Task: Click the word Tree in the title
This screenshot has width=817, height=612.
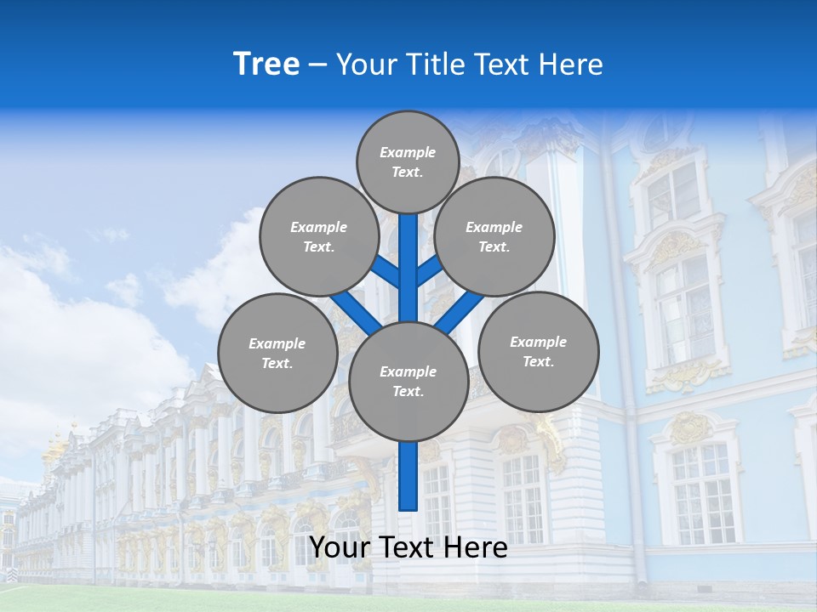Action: click(266, 65)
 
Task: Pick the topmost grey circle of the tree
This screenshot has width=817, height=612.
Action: click(408, 161)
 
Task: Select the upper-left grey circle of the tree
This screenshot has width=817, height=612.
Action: click(319, 236)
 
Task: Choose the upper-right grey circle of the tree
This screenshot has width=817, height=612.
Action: click(494, 236)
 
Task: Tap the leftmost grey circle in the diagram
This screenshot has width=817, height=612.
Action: click(277, 353)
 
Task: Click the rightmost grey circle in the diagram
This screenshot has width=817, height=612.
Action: click(539, 351)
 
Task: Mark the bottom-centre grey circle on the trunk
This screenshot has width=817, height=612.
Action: click(408, 381)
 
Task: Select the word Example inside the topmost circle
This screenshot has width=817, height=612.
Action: click(408, 152)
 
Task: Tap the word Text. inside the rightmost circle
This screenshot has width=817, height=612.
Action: click(538, 361)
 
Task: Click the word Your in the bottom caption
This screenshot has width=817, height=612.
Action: click(341, 547)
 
